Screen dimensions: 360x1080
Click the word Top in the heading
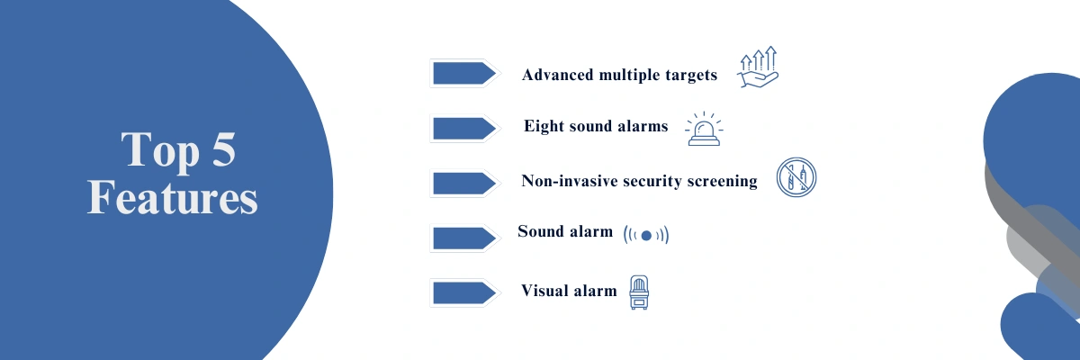(152, 150)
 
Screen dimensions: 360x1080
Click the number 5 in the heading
(220, 150)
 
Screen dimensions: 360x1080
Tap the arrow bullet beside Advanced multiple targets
(463, 74)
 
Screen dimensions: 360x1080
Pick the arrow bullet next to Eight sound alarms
(463, 128)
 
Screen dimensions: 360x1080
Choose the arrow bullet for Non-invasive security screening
(463, 183)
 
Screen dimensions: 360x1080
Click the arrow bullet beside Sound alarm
(463, 238)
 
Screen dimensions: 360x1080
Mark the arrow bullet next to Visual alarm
(463, 292)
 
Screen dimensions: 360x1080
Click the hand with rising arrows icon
(758, 68)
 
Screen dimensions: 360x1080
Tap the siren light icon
(704, 130)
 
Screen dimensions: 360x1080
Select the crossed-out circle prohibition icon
(796, 180)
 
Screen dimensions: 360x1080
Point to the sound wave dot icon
(646, 235)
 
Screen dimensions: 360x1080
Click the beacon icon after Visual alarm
(639, 292)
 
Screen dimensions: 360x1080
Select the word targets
(688, 75)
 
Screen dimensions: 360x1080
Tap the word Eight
(544, 127)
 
